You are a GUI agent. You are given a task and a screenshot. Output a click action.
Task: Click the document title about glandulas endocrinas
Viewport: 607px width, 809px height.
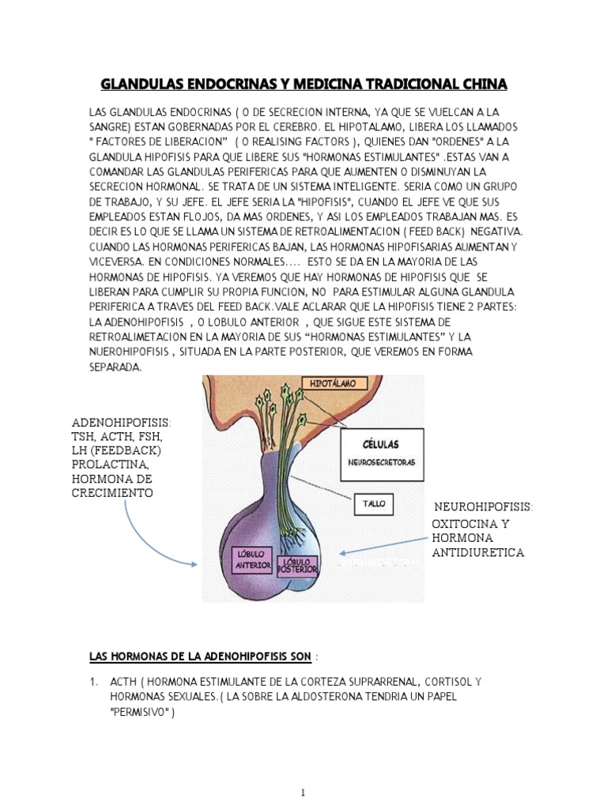pos(303,84)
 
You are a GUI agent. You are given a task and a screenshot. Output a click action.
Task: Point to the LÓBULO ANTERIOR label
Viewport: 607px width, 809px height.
pos(251,561)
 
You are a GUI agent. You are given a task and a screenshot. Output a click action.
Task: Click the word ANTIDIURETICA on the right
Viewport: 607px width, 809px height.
pos(477,552)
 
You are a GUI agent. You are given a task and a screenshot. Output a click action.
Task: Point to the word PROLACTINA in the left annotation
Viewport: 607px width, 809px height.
pos(110,465)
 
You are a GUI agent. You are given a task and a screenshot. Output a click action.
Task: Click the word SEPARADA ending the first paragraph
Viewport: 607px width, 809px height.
pos(115,367)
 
